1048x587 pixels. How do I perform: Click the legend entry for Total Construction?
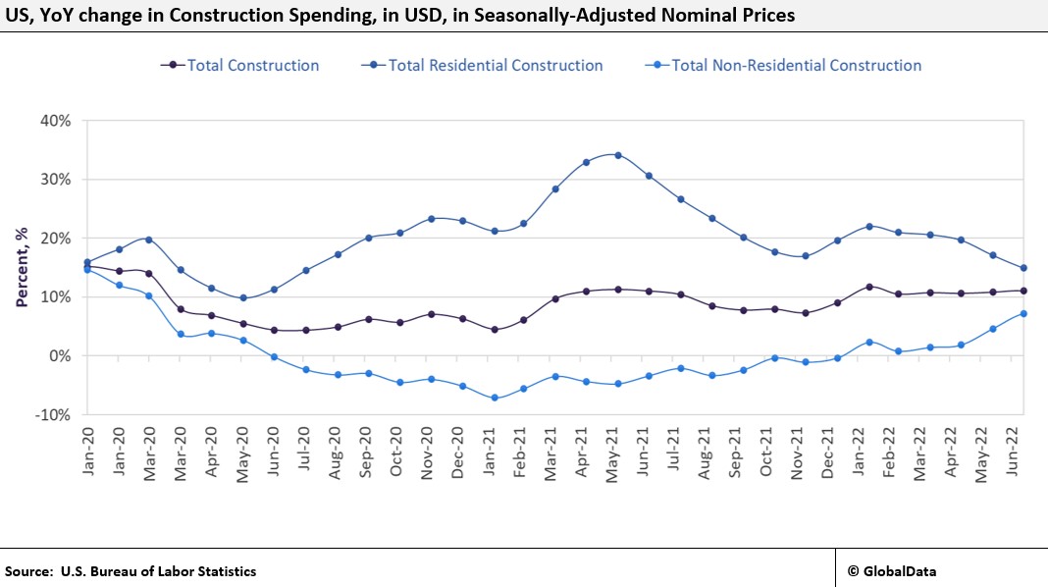pyautogui.click(x=252, y=66)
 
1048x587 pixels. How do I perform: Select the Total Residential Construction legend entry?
pyautogui.click(x=495, y=66)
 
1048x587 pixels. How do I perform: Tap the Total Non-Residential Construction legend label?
pyautogui.click(x=795, y=66)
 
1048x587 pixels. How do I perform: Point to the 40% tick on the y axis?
pyautogui.click(x=55, y=121)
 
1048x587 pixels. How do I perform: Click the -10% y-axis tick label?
pyautogui.click(x=53, y=414)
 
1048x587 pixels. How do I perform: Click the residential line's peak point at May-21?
pyautogui.click(x=618, y=155)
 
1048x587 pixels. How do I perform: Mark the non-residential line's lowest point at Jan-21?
pyautogui.click(x=495, y=398)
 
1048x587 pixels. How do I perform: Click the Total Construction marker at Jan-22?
pyautogui.click(x=869, y=287)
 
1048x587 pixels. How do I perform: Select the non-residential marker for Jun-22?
pyautogui.click(x=1023, y=313)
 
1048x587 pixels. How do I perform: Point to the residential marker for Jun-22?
pyautogui.click(x=1023, y=268)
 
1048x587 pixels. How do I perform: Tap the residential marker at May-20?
pyautogui.click(x=243, y=297)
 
